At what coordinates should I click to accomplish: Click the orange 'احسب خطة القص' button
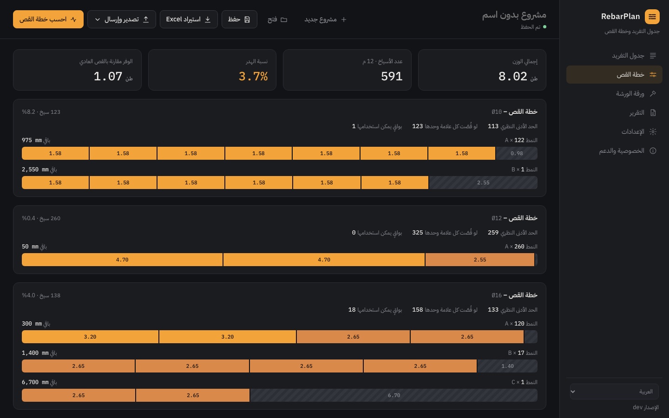48,20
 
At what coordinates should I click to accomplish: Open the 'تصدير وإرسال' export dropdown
122,20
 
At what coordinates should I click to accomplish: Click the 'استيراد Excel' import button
189,20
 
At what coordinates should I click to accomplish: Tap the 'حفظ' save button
239,20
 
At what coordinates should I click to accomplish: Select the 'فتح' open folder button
277,20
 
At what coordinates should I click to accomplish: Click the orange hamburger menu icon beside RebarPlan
652,16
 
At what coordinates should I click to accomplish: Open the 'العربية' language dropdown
614,392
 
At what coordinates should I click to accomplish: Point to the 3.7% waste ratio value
253,77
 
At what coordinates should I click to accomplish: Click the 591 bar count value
392,77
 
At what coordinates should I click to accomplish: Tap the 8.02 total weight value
512,77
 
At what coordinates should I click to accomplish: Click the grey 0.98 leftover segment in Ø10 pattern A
517,153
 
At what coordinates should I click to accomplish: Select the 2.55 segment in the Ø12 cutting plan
479,260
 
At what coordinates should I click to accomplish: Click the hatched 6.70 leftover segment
394,395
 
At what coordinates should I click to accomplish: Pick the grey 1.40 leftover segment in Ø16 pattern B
507,366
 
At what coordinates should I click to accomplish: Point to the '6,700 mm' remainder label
35,382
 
